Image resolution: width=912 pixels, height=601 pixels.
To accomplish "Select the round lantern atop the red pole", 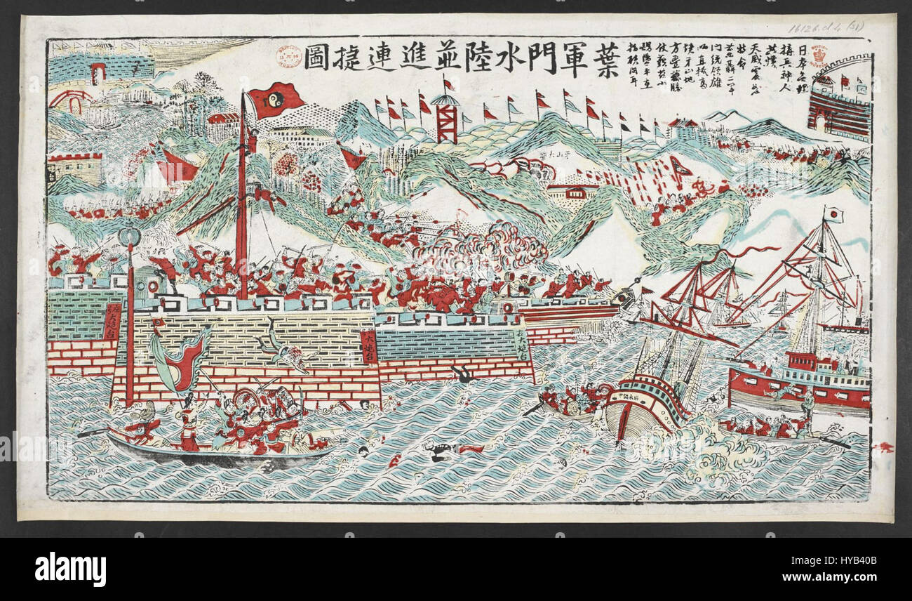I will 128,235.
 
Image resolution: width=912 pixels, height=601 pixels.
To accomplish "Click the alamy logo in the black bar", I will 70,569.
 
